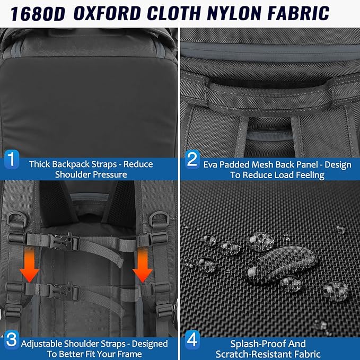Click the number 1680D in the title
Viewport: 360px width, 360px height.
coord(38,14)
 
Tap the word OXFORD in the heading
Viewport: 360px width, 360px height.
coord(107,13)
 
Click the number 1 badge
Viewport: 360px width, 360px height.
coord(12,160)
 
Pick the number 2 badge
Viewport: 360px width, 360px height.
coord(192,160)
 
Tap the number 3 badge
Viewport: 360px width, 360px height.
coord(12,339)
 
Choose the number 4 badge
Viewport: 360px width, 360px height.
coord(192,339)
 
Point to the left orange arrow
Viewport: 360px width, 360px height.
coord(29,265)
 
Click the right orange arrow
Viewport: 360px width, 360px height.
coord(142,266)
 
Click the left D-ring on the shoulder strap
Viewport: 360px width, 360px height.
coord(17,219)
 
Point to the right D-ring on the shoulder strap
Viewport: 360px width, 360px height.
coord(159,219)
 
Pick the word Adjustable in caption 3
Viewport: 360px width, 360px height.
coord(41,344)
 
